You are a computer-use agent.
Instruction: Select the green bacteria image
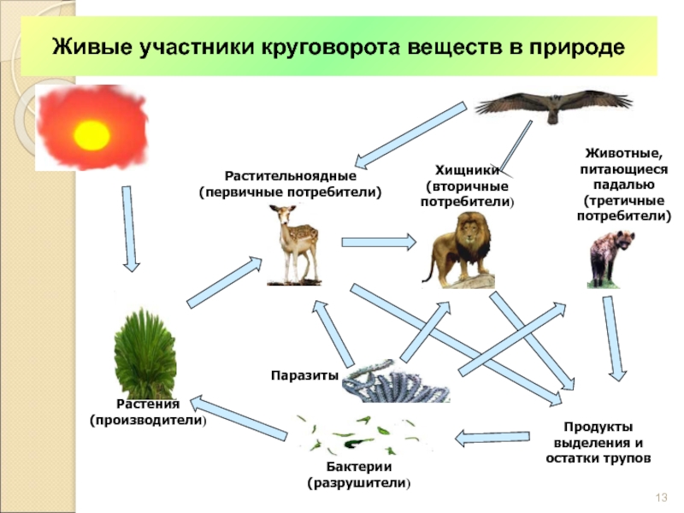pyautogui.click(x=355, y=434)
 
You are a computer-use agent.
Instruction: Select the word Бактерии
pyautogui.click(x=359, y=467)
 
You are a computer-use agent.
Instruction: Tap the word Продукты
pyautogui.click(x=598, y=427)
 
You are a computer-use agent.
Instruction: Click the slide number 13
pyautogui.click(x=660, y=498)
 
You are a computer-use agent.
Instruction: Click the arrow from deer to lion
pyautogui.click(x=377, y=239)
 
